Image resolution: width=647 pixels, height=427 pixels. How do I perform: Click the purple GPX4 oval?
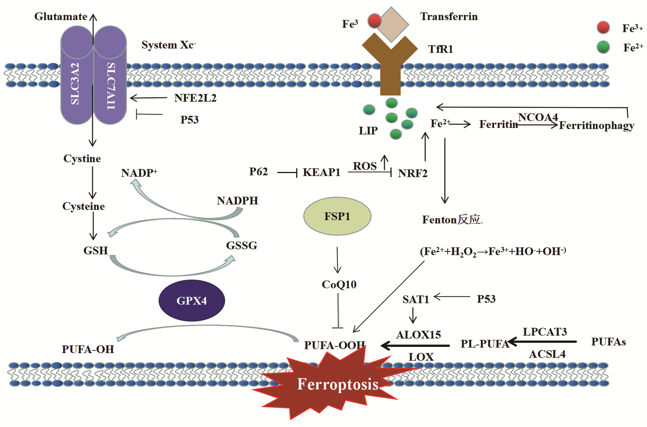[192, 301]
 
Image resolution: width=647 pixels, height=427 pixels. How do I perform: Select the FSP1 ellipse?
[337, 216]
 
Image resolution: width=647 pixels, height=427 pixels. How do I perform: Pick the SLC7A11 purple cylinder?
[110, 81]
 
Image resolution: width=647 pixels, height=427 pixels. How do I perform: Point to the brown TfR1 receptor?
[390, 65]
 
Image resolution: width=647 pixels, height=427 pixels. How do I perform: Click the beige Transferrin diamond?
[391, 24]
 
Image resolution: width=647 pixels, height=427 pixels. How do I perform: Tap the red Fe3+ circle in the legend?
[603, 28]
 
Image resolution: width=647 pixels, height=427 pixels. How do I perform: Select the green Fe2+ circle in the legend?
[603, 47]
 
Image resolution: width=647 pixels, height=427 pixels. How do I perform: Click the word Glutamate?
[61, 16]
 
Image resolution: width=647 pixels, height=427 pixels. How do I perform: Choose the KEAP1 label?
[322, 172]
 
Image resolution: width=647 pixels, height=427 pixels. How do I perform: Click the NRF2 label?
[412, 173]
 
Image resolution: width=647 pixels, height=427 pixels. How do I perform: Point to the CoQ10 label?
[339, 284]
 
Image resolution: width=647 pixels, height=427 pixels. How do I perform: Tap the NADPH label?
[237, 201]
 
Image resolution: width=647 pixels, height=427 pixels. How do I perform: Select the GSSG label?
[242, 245]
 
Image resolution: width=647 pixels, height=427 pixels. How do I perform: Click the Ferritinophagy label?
[596, 125]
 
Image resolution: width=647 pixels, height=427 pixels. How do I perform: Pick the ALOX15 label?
[418, 335]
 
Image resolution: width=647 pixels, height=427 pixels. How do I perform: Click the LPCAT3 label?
[545, 332]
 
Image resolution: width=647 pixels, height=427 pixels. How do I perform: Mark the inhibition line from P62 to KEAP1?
[287, 173]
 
